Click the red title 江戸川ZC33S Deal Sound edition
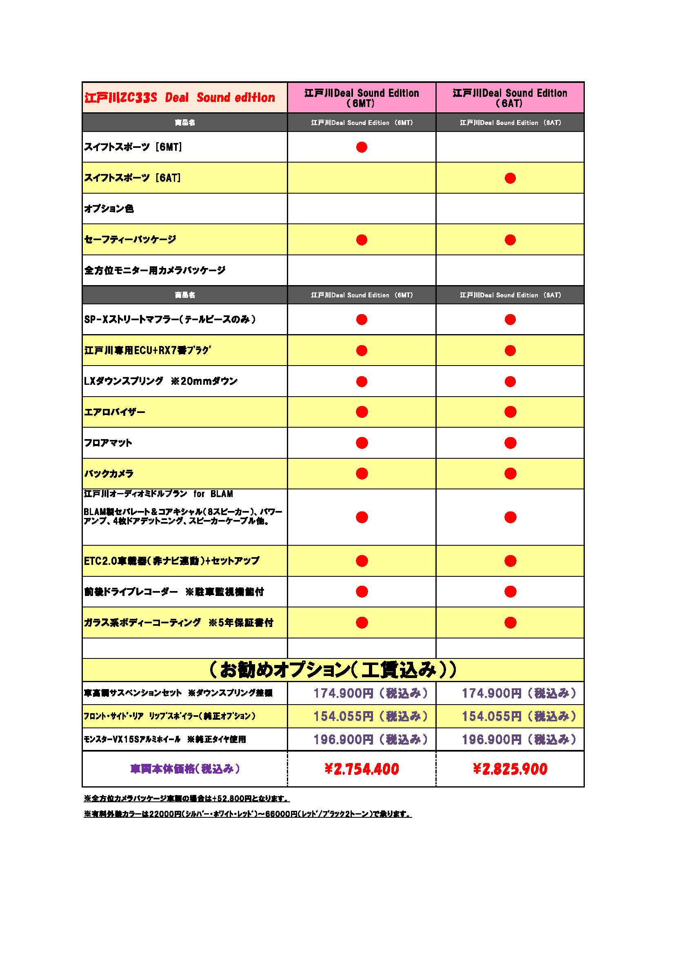180,98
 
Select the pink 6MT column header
361,98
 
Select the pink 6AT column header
510,98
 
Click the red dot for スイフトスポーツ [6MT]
362,147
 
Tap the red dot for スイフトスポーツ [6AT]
510,178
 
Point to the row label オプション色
109,208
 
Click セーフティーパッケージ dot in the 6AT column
510,240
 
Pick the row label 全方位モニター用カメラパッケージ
155,270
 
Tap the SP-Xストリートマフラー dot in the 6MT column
362,319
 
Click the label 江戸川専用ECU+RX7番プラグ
147,350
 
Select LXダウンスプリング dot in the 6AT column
510,382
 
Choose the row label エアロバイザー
115,412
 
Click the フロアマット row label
108,443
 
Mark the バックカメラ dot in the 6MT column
362,473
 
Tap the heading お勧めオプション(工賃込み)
333,669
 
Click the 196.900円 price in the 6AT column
519,739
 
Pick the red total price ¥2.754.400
362,769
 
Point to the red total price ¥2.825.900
510,769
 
